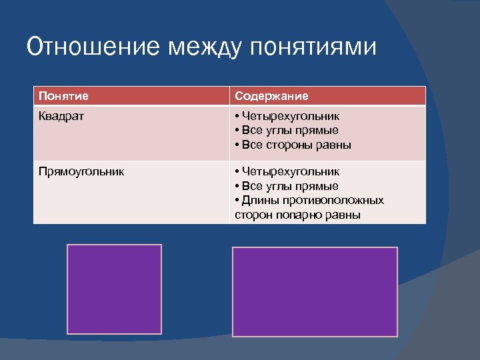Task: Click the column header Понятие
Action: click(x=63, y=96)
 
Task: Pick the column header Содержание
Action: click(x=271, y=96)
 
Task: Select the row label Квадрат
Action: click(x=62, y=116)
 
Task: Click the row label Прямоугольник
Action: click(x=81, y=172)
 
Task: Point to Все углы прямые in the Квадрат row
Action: click(x=290, y=130)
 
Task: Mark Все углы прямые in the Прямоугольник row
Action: click(x=290, y=186)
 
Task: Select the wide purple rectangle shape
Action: click(x=315, y=291)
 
